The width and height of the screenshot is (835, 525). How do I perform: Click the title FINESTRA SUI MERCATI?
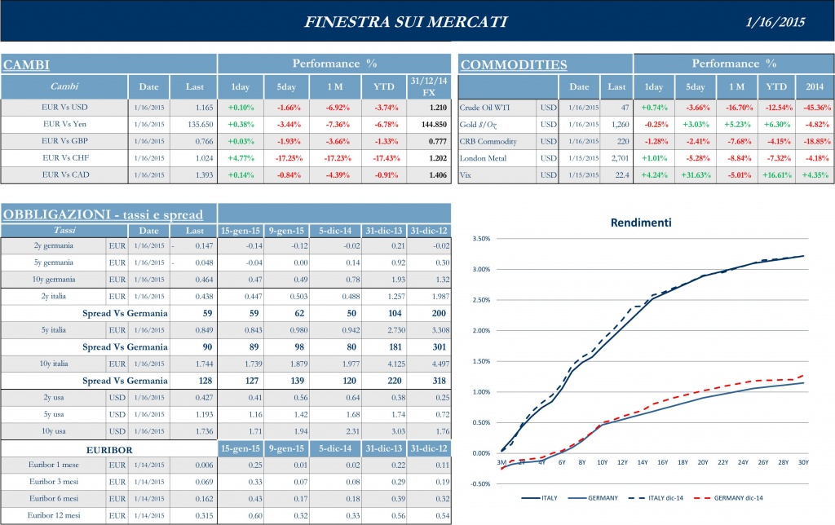click(x=405, y=22)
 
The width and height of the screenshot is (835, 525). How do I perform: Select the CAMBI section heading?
click(x=27, y=64)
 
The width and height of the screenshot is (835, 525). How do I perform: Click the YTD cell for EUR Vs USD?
click(x=382, y=107)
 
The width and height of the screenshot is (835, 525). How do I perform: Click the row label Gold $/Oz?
click(x=482, y=124)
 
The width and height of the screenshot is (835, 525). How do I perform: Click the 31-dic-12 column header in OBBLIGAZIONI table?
click(x=428, y=231)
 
